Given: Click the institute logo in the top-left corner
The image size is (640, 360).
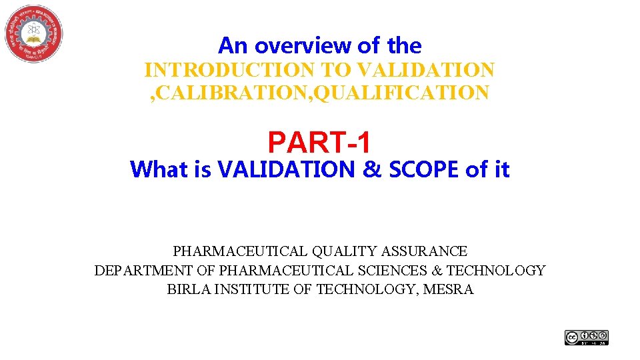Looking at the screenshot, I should pyautogui.click(x=33, y=33).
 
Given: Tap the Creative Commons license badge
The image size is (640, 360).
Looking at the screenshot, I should pyautogui.click(x=587, y=338).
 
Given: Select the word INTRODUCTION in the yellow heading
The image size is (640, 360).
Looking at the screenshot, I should pyautogui.click(x=229, y=69).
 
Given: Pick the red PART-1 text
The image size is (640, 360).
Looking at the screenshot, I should pyautogui.click(x=319, y=142).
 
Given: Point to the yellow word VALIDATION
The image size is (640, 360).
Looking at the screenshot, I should pyautogui.click(x=427, y=69).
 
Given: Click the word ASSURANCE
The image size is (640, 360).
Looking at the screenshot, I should pyautogui.click(x=425, y=251).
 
